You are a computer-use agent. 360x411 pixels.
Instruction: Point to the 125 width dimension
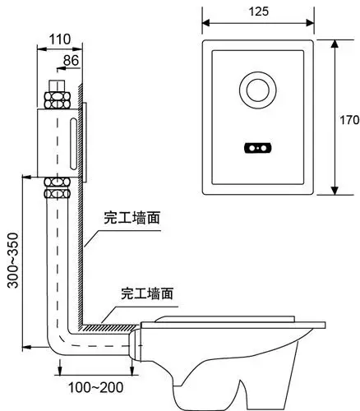click(x=257, y=12)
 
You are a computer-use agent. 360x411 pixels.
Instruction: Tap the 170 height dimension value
click(x=349, y=120)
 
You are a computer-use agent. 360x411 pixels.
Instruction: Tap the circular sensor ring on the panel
click(x=256, y=90)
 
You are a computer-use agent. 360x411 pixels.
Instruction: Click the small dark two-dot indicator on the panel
click(x=256, y=149)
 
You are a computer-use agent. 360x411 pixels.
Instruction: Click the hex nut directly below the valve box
click(x=58, y=187)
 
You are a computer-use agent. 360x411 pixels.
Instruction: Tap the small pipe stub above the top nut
click(x=58, y=83)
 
